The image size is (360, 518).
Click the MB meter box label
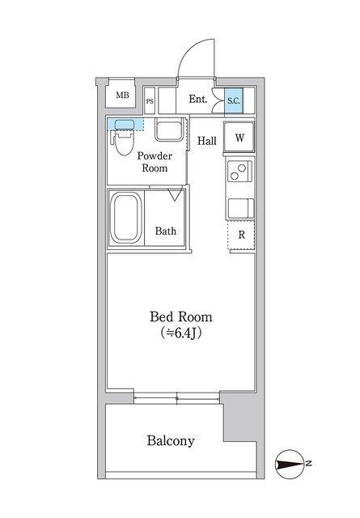coord(122,96)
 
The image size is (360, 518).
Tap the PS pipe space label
coord(150,101)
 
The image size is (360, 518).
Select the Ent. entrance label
coord(198,99)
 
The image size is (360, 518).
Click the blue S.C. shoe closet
coord(234,101)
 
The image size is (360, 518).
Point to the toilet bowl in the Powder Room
coord(124,142)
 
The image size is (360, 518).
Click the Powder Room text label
coord(155,162)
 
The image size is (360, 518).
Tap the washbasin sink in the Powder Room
coord(169,129)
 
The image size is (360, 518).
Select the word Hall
coord(207,141)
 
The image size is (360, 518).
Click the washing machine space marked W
coord(239,138)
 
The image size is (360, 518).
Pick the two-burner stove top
coord(239,172)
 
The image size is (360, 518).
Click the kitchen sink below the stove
coord(240,209)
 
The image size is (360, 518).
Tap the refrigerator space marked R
coord(241,236)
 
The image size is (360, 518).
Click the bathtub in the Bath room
coord(126,218)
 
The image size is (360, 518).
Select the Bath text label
coord(166,231)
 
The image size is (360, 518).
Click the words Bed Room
coord(180,316)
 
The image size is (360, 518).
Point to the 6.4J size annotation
coord(180,333)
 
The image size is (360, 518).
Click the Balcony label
coord(171,441)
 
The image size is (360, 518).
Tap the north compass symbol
coord(290,464)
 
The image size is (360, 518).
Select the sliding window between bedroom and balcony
coord(176,398)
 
